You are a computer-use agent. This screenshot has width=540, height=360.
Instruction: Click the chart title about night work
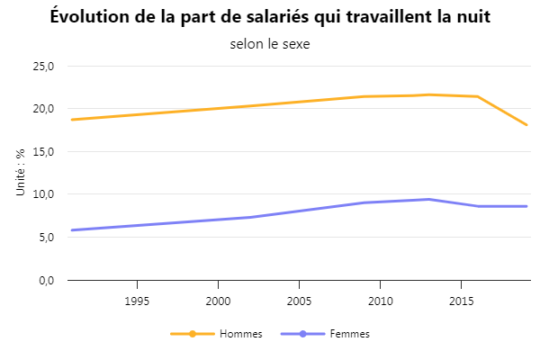(x=270, y=17)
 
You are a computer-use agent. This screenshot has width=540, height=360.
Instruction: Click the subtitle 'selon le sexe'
(x=270, y=44)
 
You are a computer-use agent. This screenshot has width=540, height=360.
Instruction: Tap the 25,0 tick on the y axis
(x=43, y=66)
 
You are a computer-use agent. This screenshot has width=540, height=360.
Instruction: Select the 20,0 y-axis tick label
(x=43, y=109)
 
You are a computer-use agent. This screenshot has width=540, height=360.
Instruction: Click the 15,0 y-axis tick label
(x=43, y=151)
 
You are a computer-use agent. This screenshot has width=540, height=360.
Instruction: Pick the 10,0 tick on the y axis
(x=43, y=194)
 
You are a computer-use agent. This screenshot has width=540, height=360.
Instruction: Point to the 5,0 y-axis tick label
(x=46, y=238)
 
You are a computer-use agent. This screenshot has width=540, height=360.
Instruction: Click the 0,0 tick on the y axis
(x=46, y=280)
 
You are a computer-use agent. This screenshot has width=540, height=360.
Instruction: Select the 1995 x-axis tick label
(x=137, y=301)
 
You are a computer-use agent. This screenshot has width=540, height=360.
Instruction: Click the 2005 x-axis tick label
(x=299, y=301)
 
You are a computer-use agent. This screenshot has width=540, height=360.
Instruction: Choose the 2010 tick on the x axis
(x=380, y=301)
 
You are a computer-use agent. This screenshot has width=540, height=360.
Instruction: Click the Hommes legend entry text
(x=241, y=334)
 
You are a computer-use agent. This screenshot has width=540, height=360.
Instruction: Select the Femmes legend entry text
(x=350, y=334)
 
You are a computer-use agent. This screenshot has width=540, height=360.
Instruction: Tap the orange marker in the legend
(x=193, y=334)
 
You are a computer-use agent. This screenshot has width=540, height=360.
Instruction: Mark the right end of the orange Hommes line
(x=526, y=125)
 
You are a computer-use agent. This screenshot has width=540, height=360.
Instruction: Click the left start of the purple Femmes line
(x=71, y=230)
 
